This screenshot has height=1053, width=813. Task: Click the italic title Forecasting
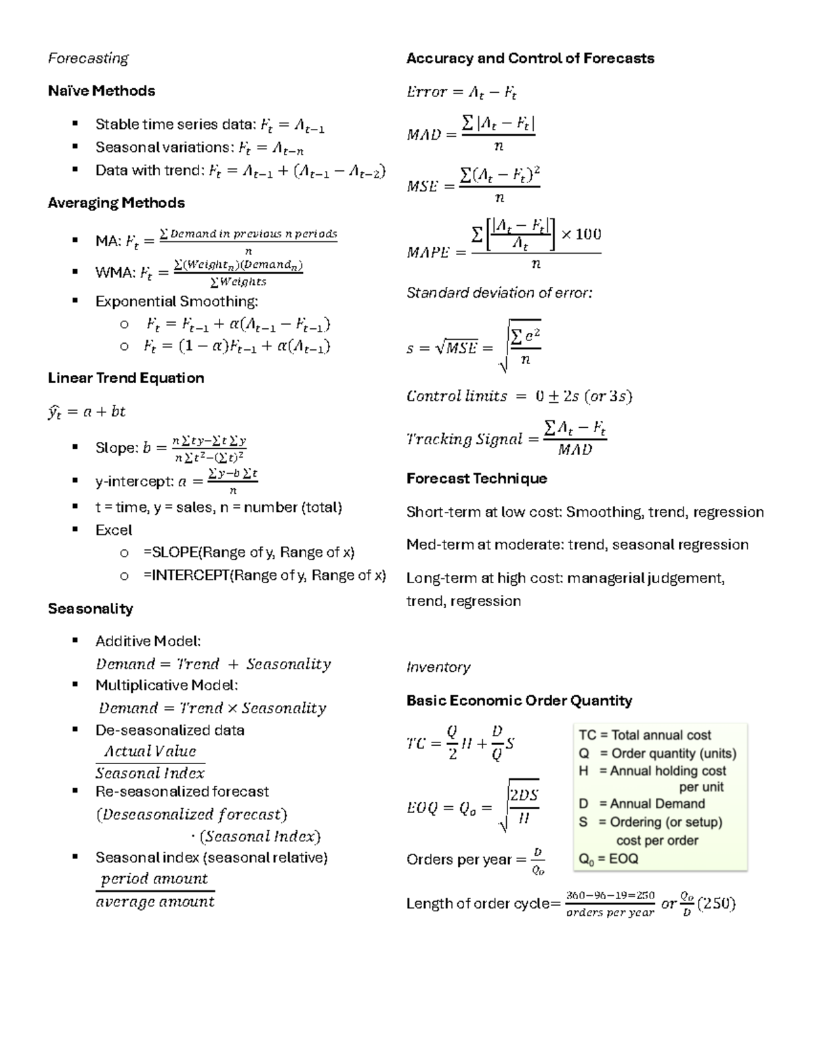click(x=88, y=58)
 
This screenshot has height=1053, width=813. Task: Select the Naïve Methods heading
click(x=101, y=91)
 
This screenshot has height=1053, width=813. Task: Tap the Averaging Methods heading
click(x=116, y=203)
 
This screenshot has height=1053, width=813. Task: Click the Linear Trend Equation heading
click(x=125, y=378)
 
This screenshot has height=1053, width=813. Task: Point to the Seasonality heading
click(x=90, y=608)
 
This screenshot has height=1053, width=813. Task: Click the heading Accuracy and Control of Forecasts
click(x=530, y=58)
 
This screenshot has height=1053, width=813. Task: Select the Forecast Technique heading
click(x=476, y=479)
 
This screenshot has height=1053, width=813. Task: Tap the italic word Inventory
click(x=438, y=667)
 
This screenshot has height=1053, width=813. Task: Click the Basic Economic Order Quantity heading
click(x=519, y=700)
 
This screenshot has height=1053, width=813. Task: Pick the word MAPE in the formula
click(x=428, y=252)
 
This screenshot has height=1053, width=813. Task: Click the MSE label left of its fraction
click(x=422, y=186)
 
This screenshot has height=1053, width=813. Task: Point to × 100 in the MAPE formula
click(x=581, y=235)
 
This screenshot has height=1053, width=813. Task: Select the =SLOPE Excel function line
click(x=249, y=552)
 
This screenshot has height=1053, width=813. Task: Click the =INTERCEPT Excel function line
click(x=264, y=575)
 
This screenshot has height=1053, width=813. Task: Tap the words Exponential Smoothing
click(x=176, y=301)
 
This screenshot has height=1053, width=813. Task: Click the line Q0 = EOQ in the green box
click(x=608, y=858)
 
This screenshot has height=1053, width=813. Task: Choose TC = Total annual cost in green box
click(x=644, y=735)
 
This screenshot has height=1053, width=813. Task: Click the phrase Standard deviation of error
click(x=499, y=293)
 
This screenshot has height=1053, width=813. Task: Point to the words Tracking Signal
click(x=464, y=439)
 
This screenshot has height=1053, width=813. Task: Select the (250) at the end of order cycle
click(x=716, y=903)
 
